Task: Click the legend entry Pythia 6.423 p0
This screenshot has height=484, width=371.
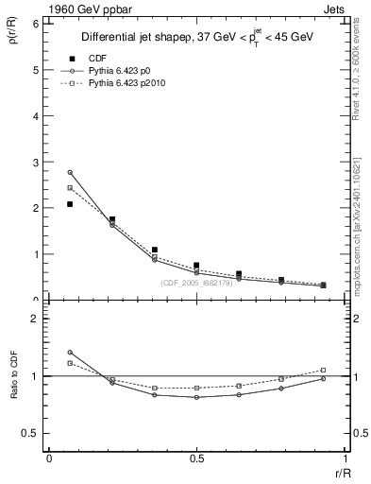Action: [131, 71]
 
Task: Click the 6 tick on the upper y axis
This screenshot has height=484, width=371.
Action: [35, 24]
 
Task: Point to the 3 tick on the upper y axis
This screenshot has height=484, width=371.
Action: [35, 162]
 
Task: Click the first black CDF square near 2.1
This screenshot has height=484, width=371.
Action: [70, 204]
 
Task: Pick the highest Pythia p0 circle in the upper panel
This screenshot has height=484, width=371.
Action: [70, 172]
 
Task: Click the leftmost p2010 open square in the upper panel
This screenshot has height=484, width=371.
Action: [70, 187]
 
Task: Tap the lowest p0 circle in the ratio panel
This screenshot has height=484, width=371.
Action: [196, 397]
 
